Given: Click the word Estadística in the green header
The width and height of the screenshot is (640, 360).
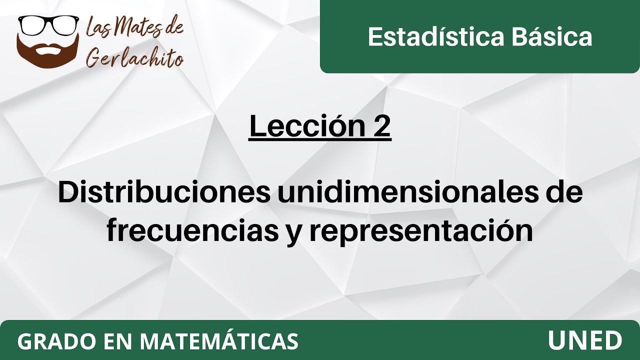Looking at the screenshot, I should coord(429,37).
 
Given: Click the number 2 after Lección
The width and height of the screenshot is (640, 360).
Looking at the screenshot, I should coord(381,127).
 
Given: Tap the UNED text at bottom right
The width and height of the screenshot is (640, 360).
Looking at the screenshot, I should coord(585,341).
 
